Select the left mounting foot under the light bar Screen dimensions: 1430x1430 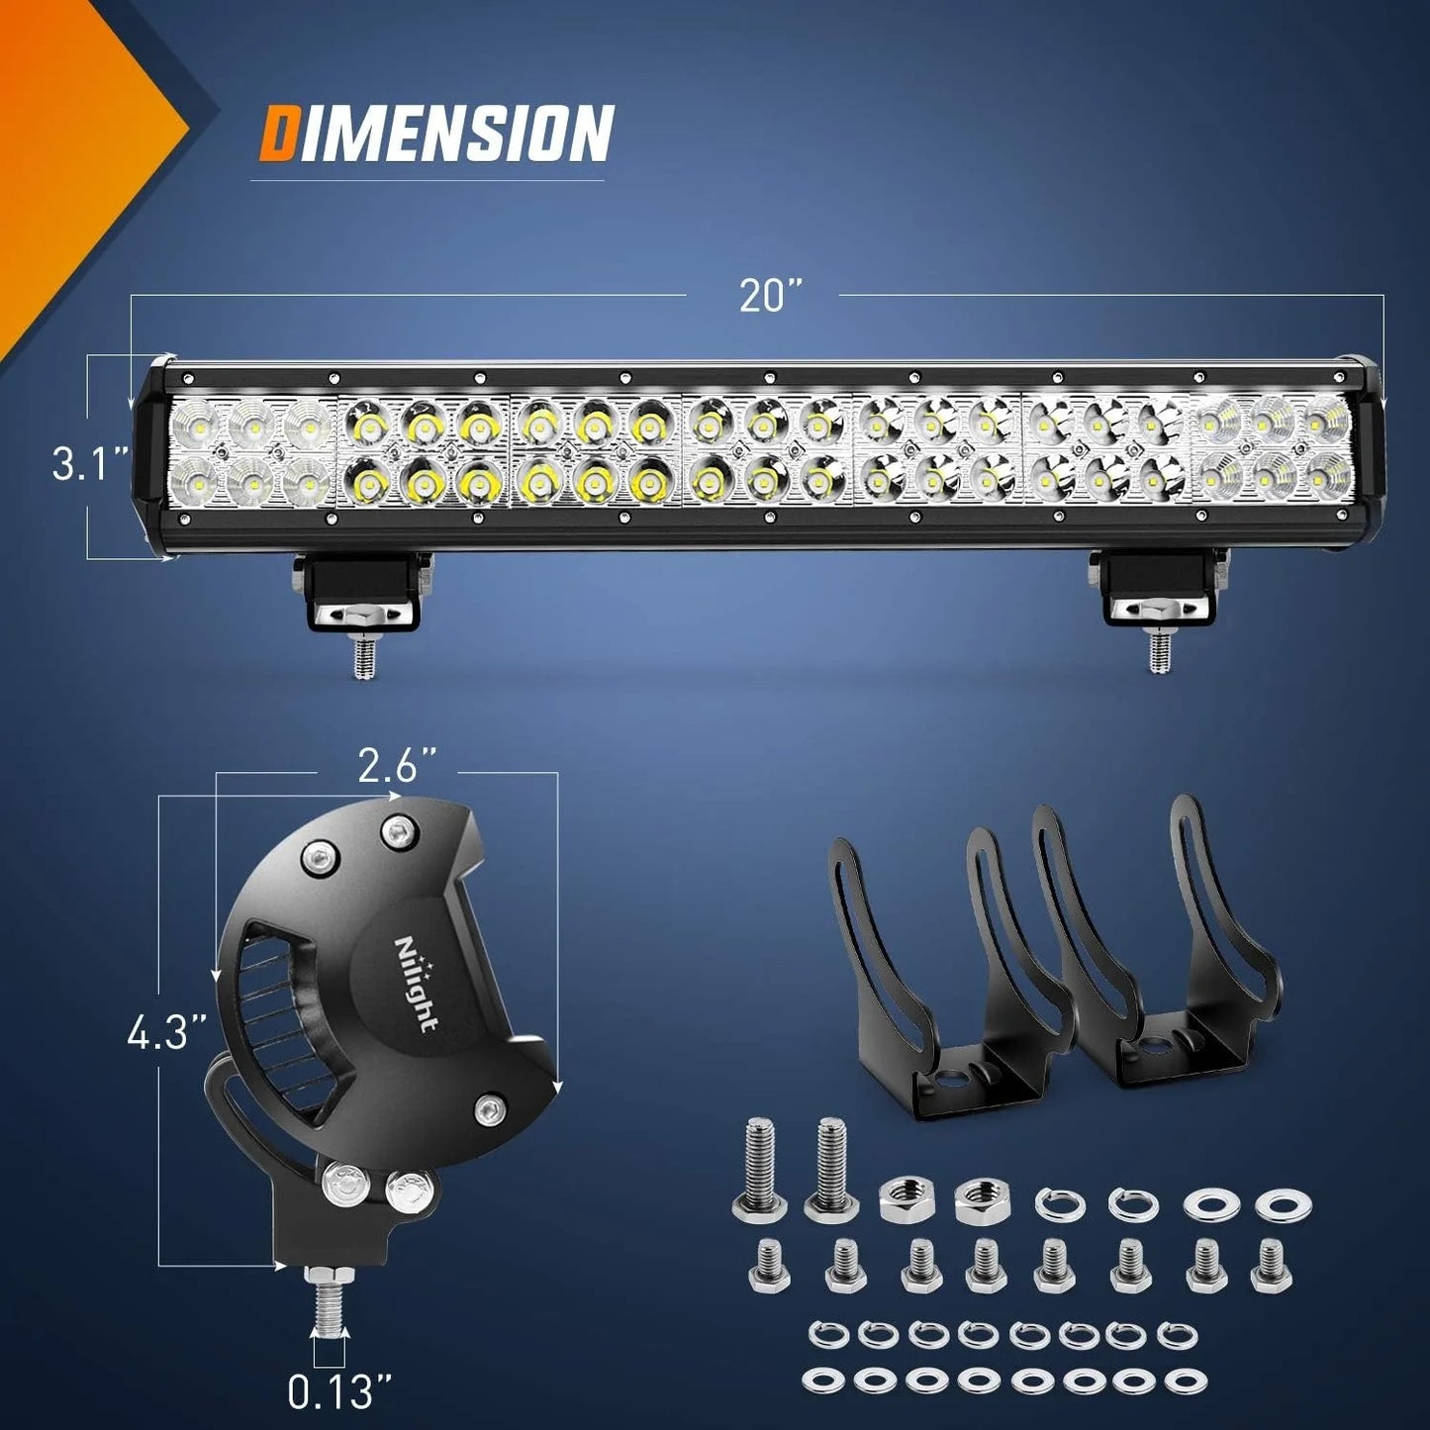(360, 592)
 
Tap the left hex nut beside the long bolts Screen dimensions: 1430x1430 (901, 1199)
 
